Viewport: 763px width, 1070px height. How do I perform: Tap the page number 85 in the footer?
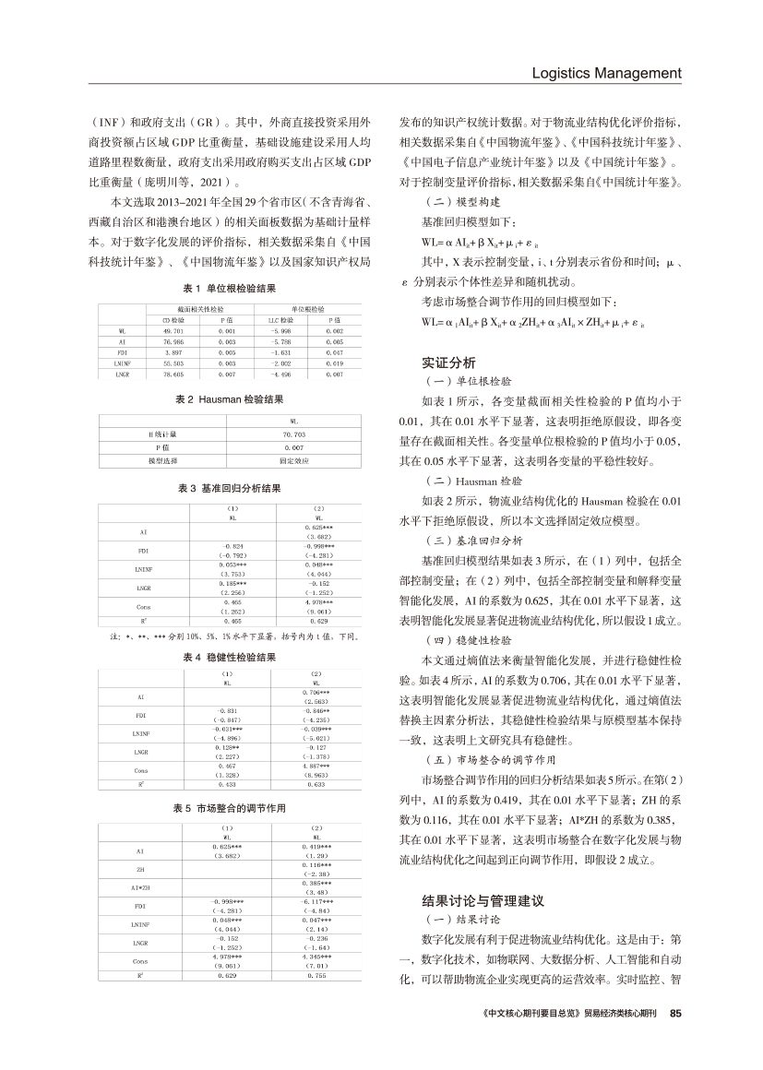pos(674,1012)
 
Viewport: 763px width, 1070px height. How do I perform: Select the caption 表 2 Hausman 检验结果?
pos(232,399)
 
